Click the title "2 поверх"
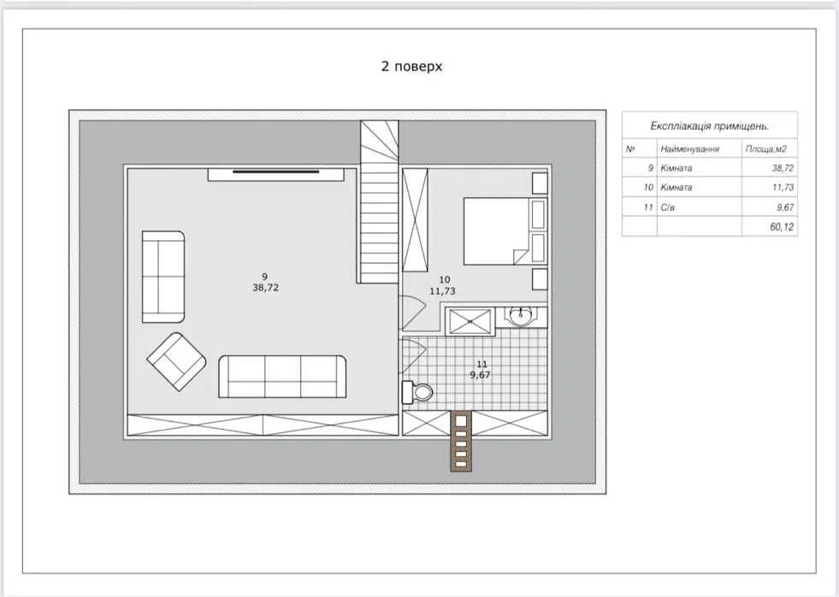tap(411, 67)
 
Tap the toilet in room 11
tap(417, 392)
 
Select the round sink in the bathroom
tap(519, 317)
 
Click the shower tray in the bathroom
tap(470, 322)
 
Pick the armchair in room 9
tap(176, 361)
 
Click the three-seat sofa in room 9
tap(282, 377)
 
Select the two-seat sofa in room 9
tap(163, 277)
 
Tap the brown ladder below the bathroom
tap(461, 441)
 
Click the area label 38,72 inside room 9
tap(266, 288)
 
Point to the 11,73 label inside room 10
tap(442, 291)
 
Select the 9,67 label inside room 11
tap(480, 375)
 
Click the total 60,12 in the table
tap(782, 226)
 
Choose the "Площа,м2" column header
tap(766, 149)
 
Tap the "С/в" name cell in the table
tap(667, 208)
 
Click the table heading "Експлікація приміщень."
tap(710, 126)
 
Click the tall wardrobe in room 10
tap(415, 220)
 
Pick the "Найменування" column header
tap(689, 149)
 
